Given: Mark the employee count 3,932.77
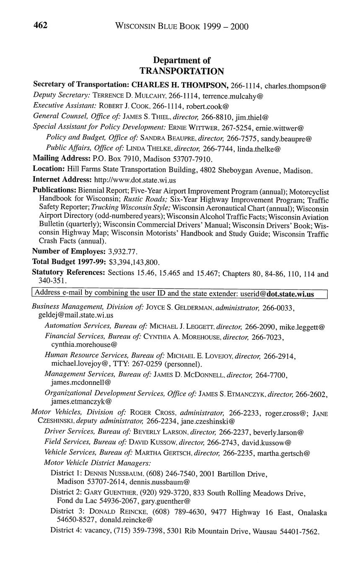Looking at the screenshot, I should (123, 252).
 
